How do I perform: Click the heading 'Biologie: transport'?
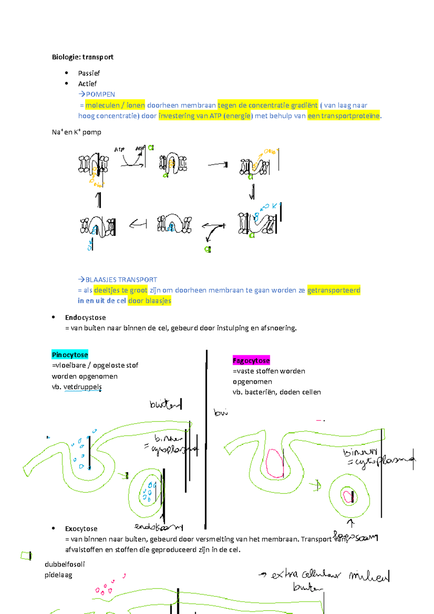[82, 57]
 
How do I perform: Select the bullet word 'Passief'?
[89, 73]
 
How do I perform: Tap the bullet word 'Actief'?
[87, 84]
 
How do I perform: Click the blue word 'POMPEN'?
[100, 94]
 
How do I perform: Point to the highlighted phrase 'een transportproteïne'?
[344, 116]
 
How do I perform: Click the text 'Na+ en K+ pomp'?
[76, 132]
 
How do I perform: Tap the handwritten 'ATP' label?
[119, 149]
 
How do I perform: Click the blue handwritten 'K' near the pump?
[275, 206]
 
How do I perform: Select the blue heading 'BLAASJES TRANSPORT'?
[121, 280]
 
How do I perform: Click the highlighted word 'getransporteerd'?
[333, 290]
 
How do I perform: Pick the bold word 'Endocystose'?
[85, 318]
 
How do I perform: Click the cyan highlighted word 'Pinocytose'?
[70, 355]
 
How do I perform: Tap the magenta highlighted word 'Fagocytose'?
[251, 361]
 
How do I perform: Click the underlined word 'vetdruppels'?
[82, 387]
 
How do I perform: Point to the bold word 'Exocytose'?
[81, 529]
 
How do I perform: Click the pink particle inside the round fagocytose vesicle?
[348, 496]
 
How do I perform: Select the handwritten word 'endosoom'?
[158, 527]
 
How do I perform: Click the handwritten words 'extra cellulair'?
[306, 575]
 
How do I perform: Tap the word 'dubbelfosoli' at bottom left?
[65, 564]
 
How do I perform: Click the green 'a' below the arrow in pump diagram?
[208, 249]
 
